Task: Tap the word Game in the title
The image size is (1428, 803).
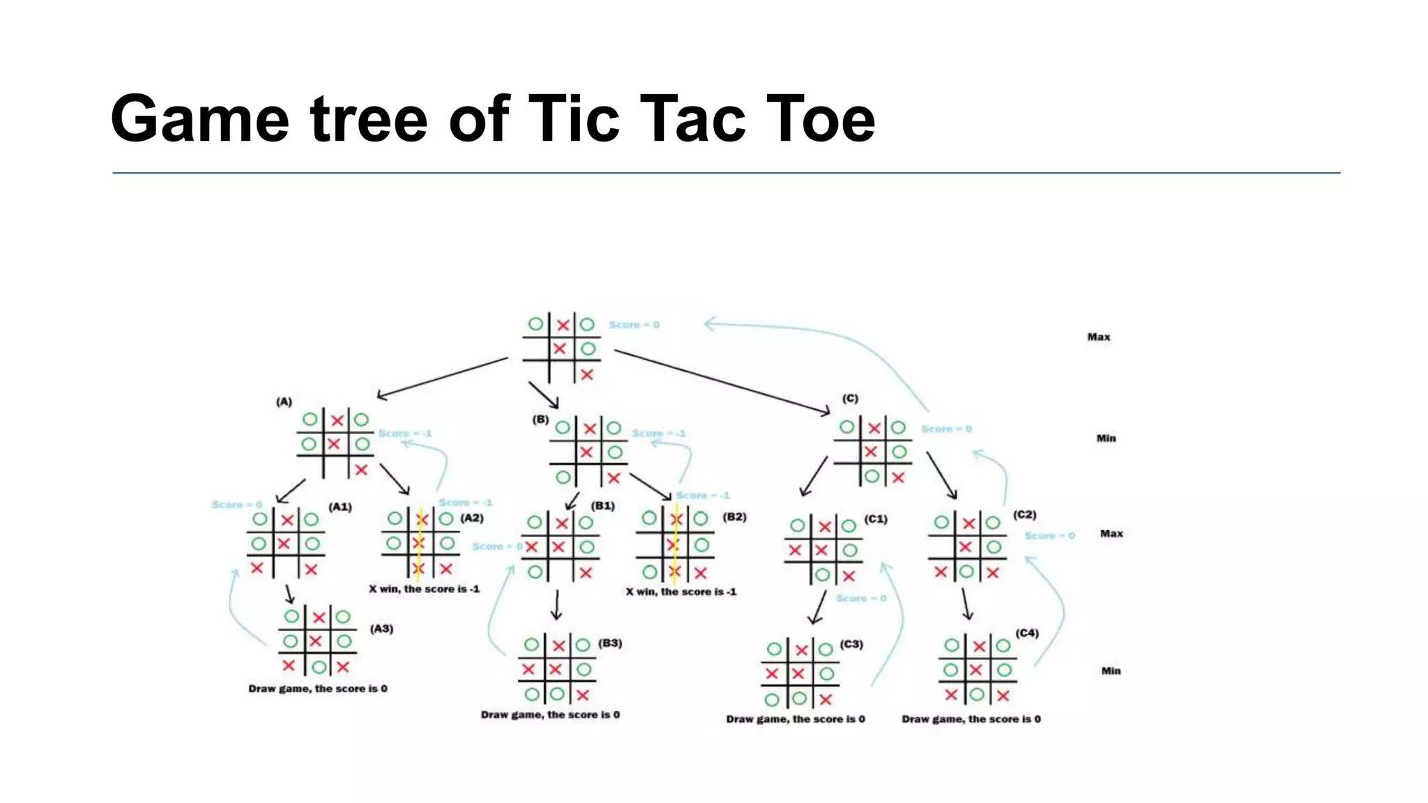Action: tap(199, 119)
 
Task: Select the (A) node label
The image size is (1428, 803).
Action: tap(284, 401)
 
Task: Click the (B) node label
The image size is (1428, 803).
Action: tap(540, 420)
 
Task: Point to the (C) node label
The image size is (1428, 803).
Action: tap(850, 398)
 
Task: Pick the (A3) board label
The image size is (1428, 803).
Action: tap(381, 629)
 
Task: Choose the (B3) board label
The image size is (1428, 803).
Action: tap(610, 643)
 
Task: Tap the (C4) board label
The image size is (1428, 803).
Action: tap(1027, 633)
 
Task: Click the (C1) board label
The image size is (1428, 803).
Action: tap(876, 519)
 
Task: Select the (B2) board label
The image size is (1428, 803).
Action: tap(734, 517)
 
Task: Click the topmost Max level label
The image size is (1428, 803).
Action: tap(1099, 337)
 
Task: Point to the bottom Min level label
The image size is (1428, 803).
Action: tap(1111, 671)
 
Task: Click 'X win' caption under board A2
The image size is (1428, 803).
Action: tap(424, 589)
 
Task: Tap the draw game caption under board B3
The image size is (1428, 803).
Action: tap(550, 714)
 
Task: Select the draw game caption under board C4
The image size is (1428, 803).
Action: tap(971, 719)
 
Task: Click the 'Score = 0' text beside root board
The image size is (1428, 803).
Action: tap(634, 325)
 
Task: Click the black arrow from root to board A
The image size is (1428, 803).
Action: tap(443, 378)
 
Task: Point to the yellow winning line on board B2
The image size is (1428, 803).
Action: tap(675, 544)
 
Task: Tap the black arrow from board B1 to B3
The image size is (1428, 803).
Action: tap(556, 605)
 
